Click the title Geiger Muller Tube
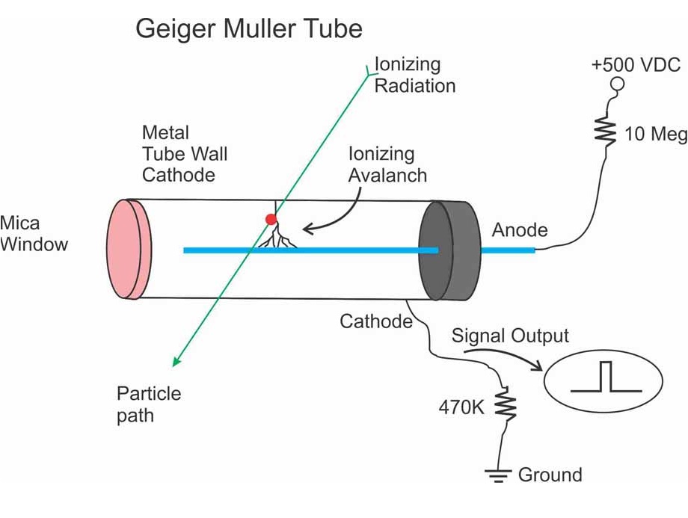tap(248, 29)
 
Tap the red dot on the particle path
tap(271, 220)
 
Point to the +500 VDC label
tap(635, 64)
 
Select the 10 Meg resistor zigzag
tap(604, 132)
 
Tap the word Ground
tap(550, 475)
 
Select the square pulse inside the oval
tap(606, 377)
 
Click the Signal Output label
tap(510, 336)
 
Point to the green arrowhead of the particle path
tap(176, 362)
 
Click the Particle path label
tap(149, 404)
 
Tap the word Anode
tap(520, 230)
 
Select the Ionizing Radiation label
tap(414, 75)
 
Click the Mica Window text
tap(33, 233)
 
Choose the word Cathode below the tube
tap(376, 321)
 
